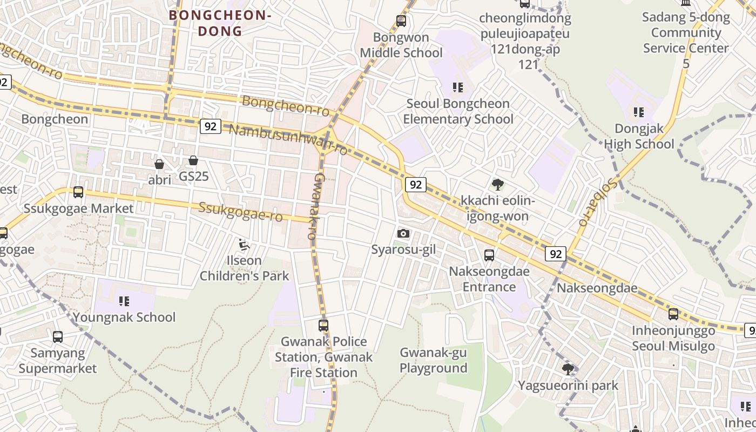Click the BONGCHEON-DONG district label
[220, 23]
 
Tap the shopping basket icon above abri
[159, 164]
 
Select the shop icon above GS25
[193, 160]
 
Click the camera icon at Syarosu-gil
[403, 233]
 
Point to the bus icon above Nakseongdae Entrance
[489, 255]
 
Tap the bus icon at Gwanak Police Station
[323, 325]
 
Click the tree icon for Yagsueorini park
[568, 369]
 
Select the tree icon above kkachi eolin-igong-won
[497, 185]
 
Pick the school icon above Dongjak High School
[639, 112]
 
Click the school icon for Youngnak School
[124, 301]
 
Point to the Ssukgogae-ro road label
[240, 211]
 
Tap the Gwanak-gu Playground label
[433, 360]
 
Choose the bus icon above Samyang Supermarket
[58, 336]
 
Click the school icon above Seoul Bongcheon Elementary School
[458, 87]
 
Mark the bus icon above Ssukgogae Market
[78, 192]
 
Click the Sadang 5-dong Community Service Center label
[686, 40]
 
